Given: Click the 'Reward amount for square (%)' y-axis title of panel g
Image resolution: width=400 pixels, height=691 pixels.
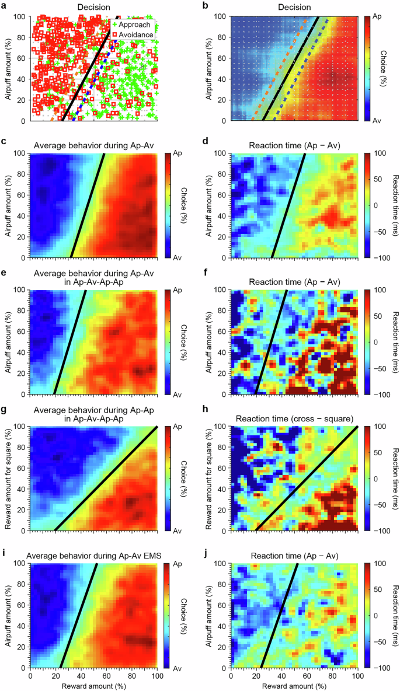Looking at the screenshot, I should click(x=6, y=478).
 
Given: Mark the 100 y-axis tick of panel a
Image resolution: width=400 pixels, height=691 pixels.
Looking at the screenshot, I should click(x=22, y=17).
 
